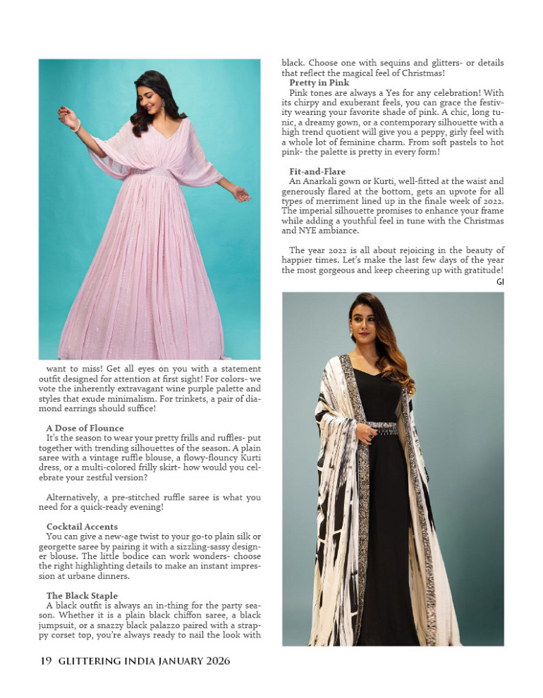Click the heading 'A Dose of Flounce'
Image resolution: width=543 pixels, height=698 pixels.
tap(85, 428)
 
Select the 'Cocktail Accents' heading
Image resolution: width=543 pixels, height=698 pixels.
tap(82, 527)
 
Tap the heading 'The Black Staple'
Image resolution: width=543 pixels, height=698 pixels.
tap(82, 596)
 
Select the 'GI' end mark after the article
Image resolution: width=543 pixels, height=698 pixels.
tap(500, 281)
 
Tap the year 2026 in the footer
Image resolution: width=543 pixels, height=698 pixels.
tap(214, 661)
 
